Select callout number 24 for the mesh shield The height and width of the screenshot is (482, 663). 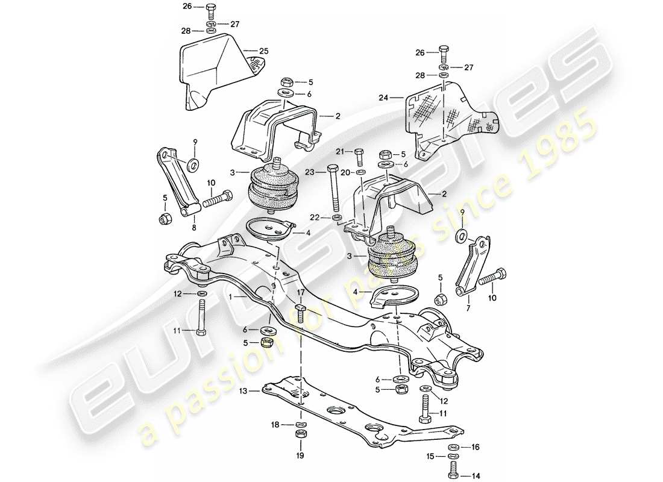382,96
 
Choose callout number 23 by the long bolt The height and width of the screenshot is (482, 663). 310,171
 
